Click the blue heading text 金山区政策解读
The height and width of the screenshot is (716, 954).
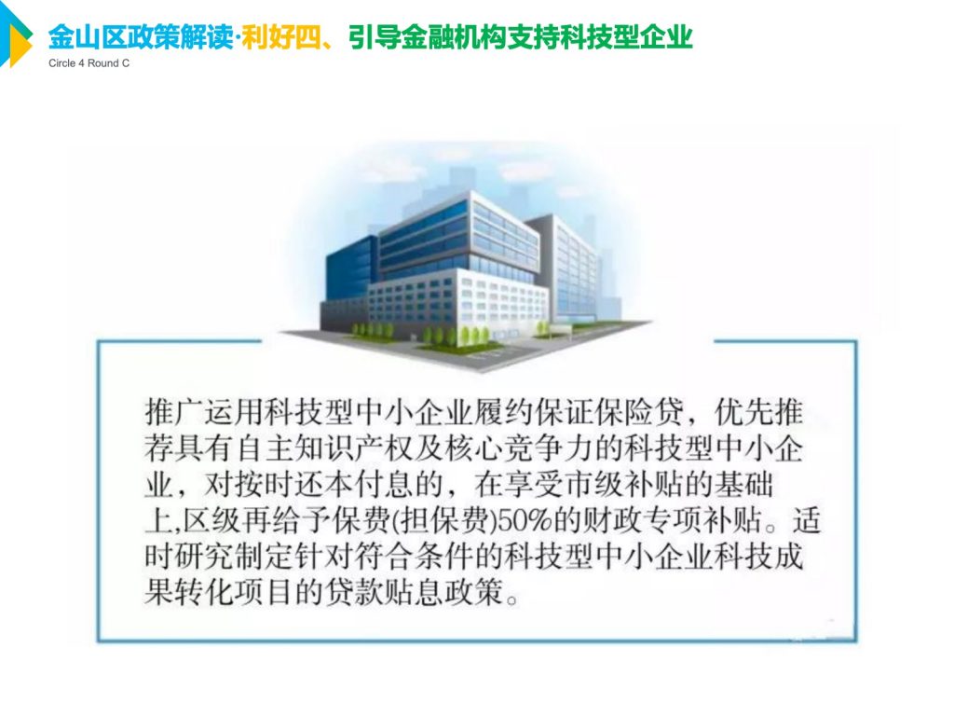tap(140, 37)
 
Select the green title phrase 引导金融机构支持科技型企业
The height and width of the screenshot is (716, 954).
tap(521, 37)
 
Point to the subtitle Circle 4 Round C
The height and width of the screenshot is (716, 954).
tap(89, 63)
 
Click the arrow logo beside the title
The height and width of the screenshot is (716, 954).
tap(15, 37)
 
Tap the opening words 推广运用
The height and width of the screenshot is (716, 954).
tap(203, 413)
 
